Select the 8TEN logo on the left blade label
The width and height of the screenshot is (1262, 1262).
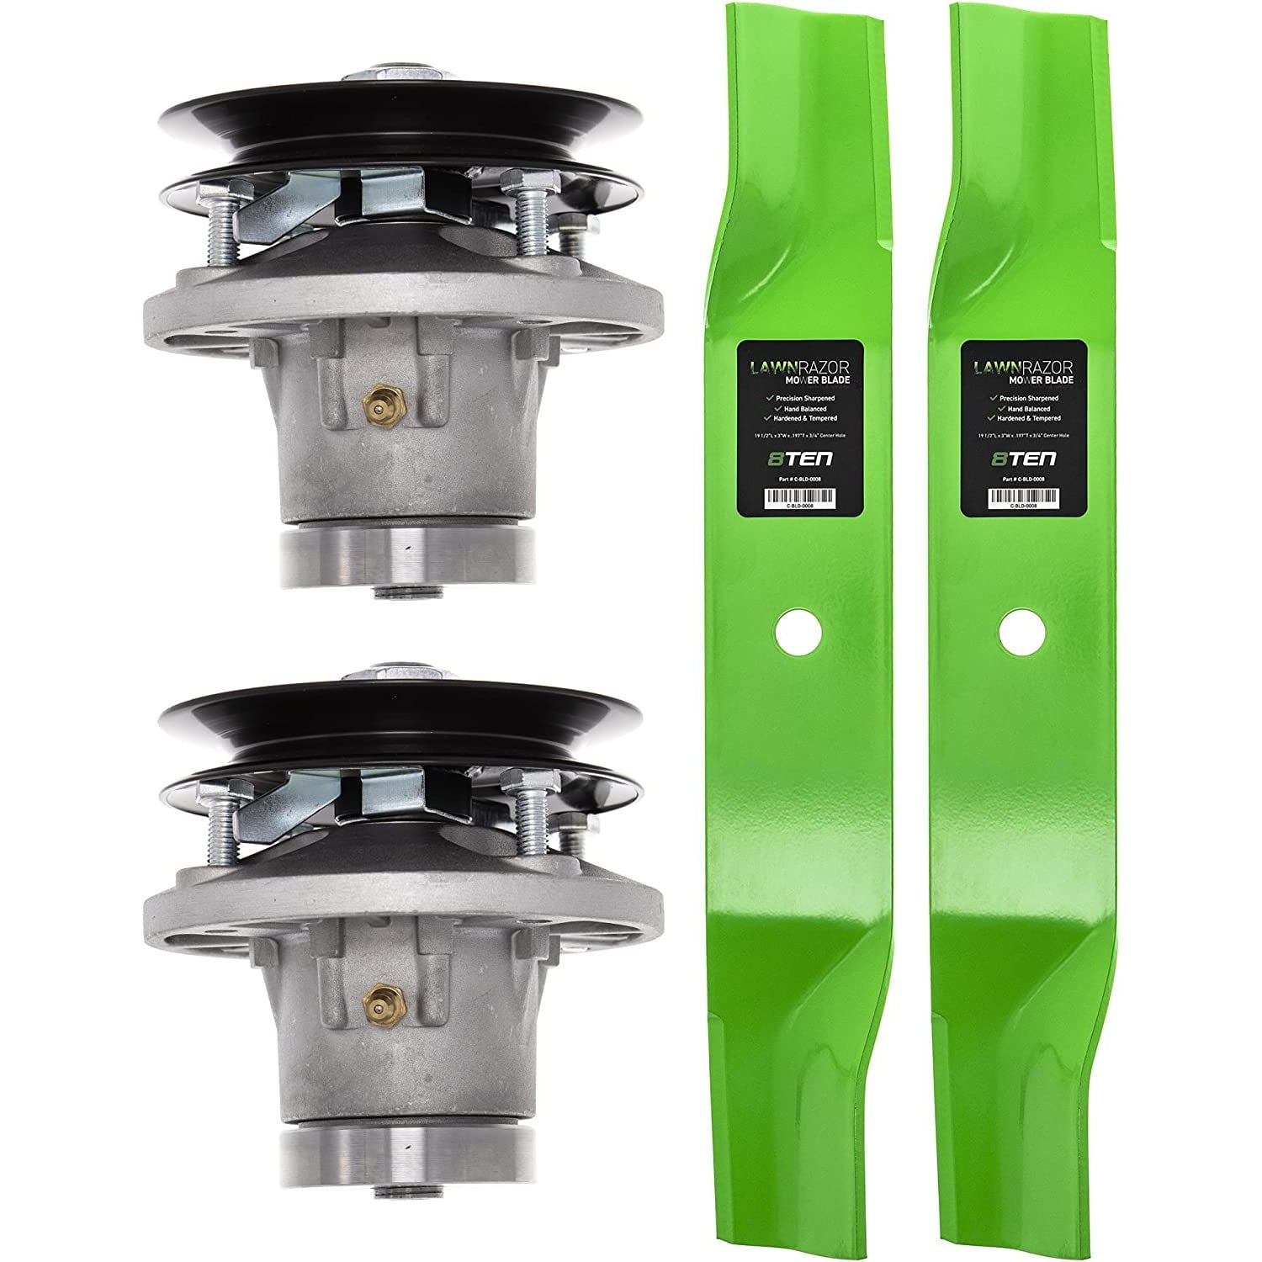[790, 459]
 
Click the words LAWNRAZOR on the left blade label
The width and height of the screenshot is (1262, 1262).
[790, 368]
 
